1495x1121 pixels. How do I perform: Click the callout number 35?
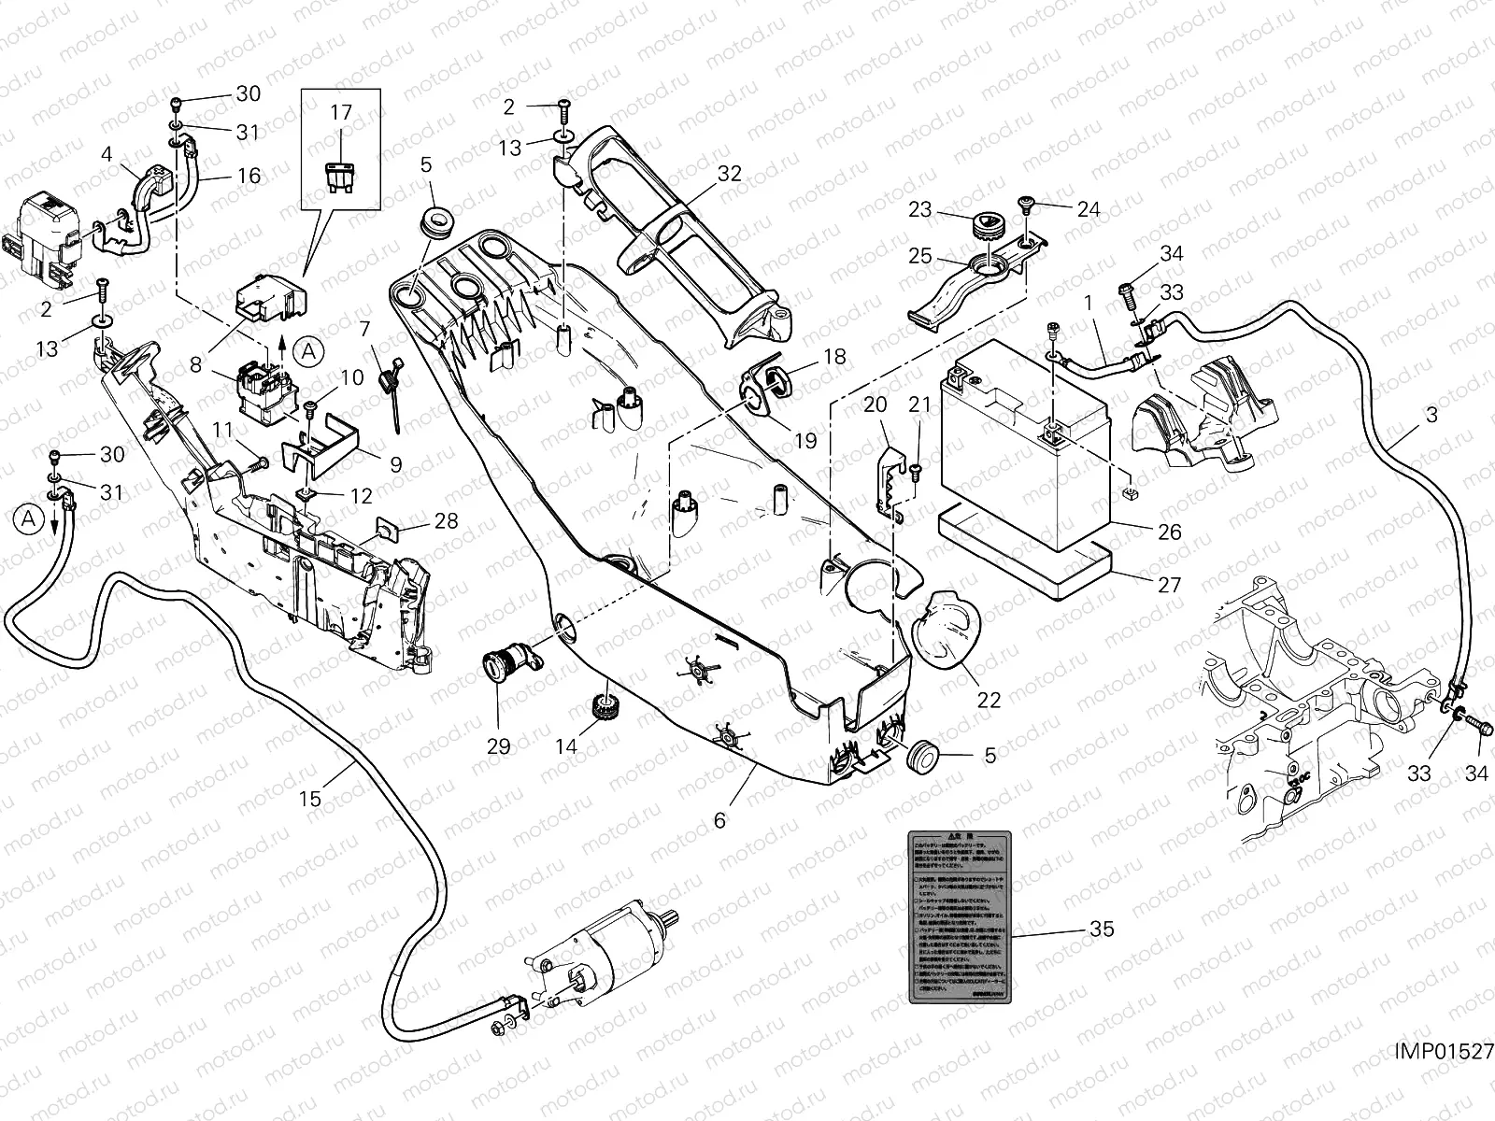1102,929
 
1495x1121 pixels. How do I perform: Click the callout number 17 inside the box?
341,113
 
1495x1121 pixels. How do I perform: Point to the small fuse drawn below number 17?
342,176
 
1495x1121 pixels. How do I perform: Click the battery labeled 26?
1023,439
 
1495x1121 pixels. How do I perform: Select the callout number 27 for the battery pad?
1169,586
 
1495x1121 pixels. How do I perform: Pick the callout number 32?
729,173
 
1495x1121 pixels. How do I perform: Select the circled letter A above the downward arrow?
29,518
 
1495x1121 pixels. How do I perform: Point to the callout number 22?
989,700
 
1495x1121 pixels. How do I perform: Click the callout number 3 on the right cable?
1431,415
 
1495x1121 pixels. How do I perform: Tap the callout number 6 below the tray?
719,820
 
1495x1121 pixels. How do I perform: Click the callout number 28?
447,520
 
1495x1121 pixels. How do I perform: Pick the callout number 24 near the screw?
1089,209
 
